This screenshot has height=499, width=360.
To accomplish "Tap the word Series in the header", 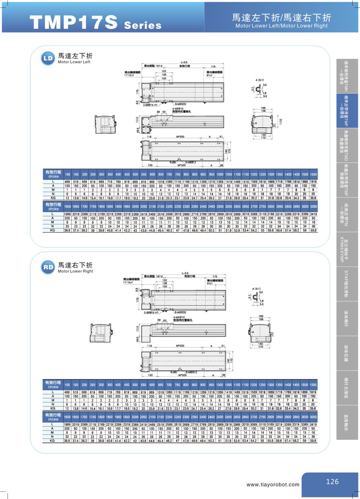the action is [x=143, y=25].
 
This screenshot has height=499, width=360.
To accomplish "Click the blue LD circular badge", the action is [x=48, y=59].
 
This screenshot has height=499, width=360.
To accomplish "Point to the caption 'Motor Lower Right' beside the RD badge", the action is [x=75, y=272].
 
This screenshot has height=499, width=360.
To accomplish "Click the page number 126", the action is [x=332, y=482].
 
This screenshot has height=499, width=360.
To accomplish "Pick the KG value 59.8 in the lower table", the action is [x=312, y=440].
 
